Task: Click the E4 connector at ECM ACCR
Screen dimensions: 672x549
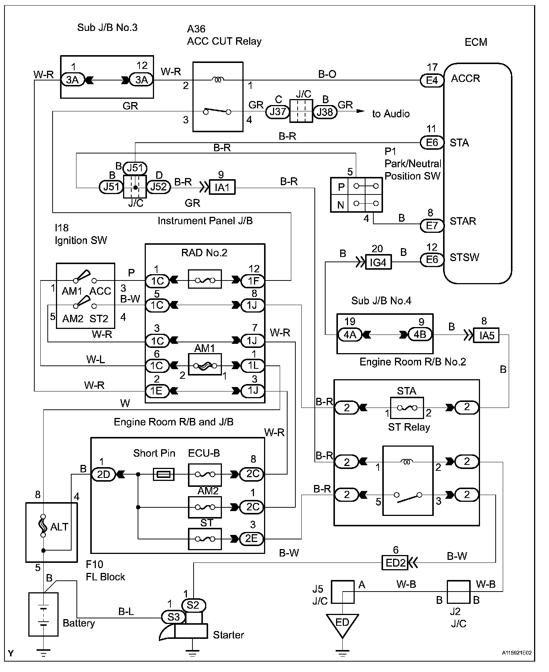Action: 432,80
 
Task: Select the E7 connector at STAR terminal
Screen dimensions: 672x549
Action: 432,225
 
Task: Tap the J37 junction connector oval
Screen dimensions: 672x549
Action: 277,111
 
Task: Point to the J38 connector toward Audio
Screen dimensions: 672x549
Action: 325,111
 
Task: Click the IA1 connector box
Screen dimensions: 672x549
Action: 222,187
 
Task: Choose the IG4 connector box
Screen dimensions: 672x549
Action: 378,262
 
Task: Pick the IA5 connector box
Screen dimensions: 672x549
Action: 486,335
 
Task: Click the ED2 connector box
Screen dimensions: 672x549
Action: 395,562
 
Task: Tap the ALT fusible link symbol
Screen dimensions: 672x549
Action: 43,526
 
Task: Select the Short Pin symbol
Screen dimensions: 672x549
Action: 164,475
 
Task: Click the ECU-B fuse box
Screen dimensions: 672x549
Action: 205,475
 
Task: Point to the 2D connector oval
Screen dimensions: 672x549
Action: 104,474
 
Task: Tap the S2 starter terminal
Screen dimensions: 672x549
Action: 193,605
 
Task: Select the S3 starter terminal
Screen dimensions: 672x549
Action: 173,617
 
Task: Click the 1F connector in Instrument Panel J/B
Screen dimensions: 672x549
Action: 253,280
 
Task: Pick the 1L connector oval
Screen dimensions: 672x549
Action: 253,365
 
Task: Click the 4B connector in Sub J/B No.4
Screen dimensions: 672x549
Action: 420,334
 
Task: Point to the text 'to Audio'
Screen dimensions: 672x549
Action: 390,114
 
